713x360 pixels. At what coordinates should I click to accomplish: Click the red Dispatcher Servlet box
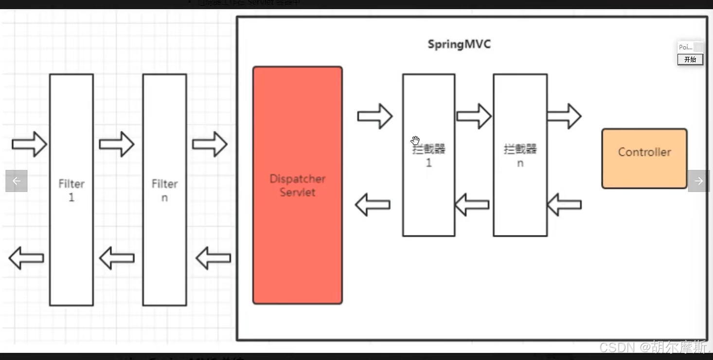pos(297,185)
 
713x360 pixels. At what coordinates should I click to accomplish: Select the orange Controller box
pos(644,158)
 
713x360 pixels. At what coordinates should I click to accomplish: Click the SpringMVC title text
pos(459,44)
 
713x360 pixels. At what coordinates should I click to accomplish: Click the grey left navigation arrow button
pos(17,181)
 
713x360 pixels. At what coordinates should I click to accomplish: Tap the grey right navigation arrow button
pos(698,181)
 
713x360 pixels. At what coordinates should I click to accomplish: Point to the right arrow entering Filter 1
pos(29,144)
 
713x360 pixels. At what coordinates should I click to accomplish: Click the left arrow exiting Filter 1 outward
pos(26,258)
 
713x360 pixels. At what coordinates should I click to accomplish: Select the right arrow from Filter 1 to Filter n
pos(116,144)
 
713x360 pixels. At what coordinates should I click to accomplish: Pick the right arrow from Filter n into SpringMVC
pos(210,144)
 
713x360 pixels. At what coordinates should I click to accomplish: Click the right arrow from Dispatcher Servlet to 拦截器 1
pos(374,116)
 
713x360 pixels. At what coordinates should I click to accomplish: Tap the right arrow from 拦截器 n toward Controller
pos(564,116)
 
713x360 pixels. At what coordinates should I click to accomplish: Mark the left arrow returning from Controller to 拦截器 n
pos(564,204)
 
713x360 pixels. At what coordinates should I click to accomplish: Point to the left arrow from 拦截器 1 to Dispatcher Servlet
pos(373,204)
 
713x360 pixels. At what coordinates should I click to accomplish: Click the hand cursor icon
pos(415,141)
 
